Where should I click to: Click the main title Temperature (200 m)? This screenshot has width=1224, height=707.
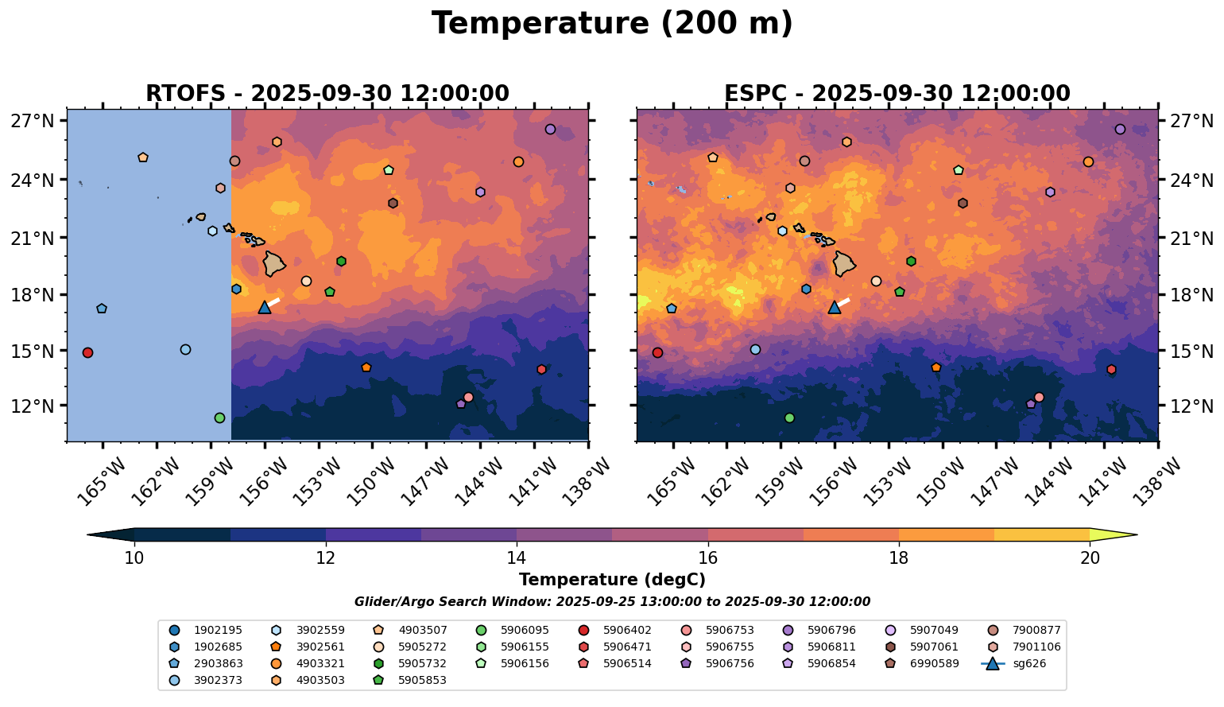(x=612, y=24)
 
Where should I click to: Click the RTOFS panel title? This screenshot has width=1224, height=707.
(x=327, y=94)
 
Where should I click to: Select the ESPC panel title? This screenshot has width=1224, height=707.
(x=897, y=94)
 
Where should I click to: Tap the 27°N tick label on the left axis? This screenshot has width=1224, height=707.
(x=33, y=122)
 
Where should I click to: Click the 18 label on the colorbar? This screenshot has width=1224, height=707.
(x=899, y=558)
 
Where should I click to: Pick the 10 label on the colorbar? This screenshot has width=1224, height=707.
(x=134, y=558)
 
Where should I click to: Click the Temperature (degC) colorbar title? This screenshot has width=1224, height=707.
(x=612, y=581)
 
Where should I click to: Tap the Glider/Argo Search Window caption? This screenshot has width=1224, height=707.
(x=612, y=602)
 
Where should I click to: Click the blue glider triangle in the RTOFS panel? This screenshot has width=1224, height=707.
(x=265, y=308)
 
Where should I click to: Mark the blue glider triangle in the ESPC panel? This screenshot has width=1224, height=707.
(x=835, y=308)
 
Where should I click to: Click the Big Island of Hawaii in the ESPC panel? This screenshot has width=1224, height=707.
(x=844, y=263)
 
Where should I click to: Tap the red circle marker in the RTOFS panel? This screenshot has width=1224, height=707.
(x=87, y=352)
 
